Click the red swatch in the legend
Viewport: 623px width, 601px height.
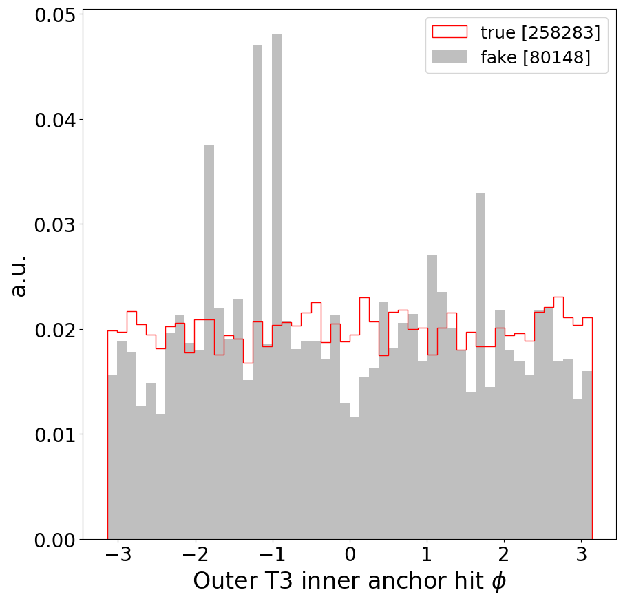click(449, 32)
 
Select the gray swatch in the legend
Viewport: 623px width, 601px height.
click(449, 57)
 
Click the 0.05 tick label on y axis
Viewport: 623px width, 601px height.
click(55, 15)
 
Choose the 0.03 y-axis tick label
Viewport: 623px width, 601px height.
click(55, 225)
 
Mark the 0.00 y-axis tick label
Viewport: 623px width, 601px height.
click(55, 540)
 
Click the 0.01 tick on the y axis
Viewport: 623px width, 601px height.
click(55, 434)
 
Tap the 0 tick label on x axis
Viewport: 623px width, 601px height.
click(350, 556)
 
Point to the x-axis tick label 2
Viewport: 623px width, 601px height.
click(504, 556)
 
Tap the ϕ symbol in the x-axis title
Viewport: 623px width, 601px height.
click(498, 582)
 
